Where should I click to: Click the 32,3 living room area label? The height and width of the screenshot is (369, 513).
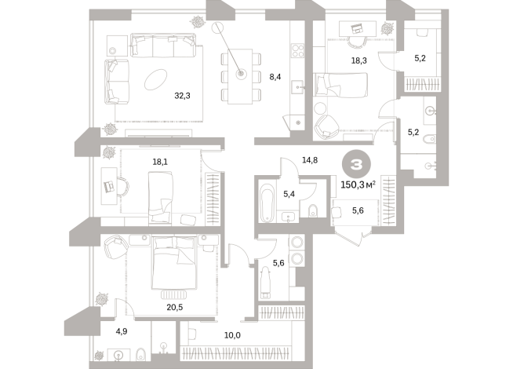coord(183,96)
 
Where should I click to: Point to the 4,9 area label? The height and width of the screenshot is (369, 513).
coord(122,332)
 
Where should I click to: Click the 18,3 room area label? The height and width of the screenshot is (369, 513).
coord(359,60)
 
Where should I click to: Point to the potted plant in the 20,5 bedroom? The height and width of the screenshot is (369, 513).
coord(101,299)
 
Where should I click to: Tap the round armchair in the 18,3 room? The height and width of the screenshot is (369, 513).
coord(325,122)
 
